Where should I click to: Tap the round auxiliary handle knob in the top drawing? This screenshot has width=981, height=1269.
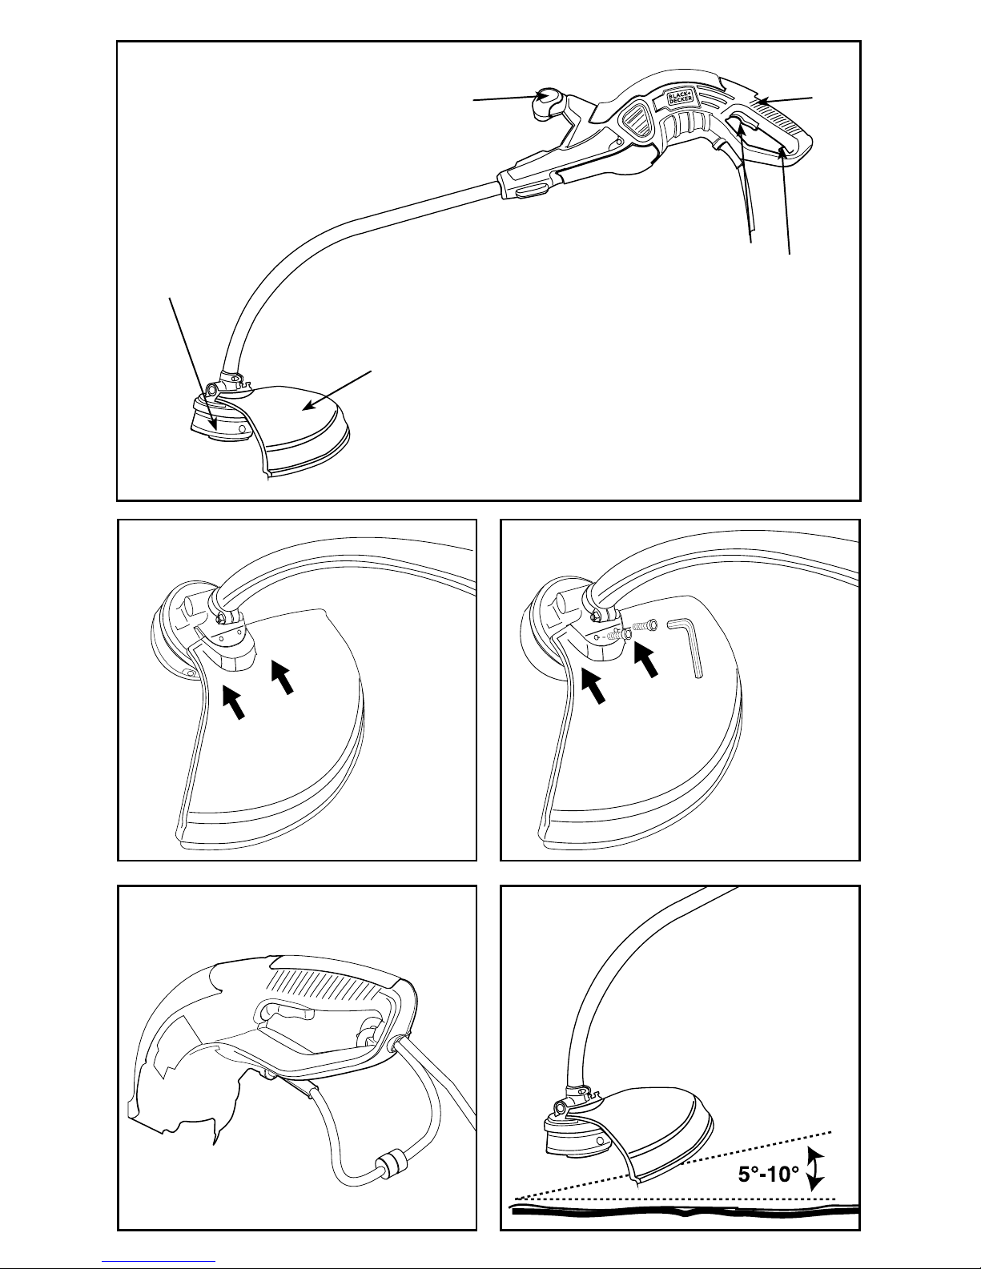tap(547, 102)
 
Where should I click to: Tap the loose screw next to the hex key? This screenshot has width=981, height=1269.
tap(645, 626)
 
